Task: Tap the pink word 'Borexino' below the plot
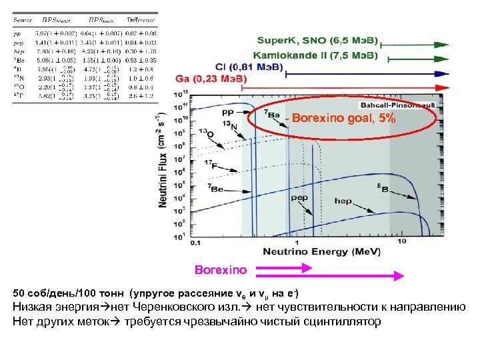click(x=220, y=271)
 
